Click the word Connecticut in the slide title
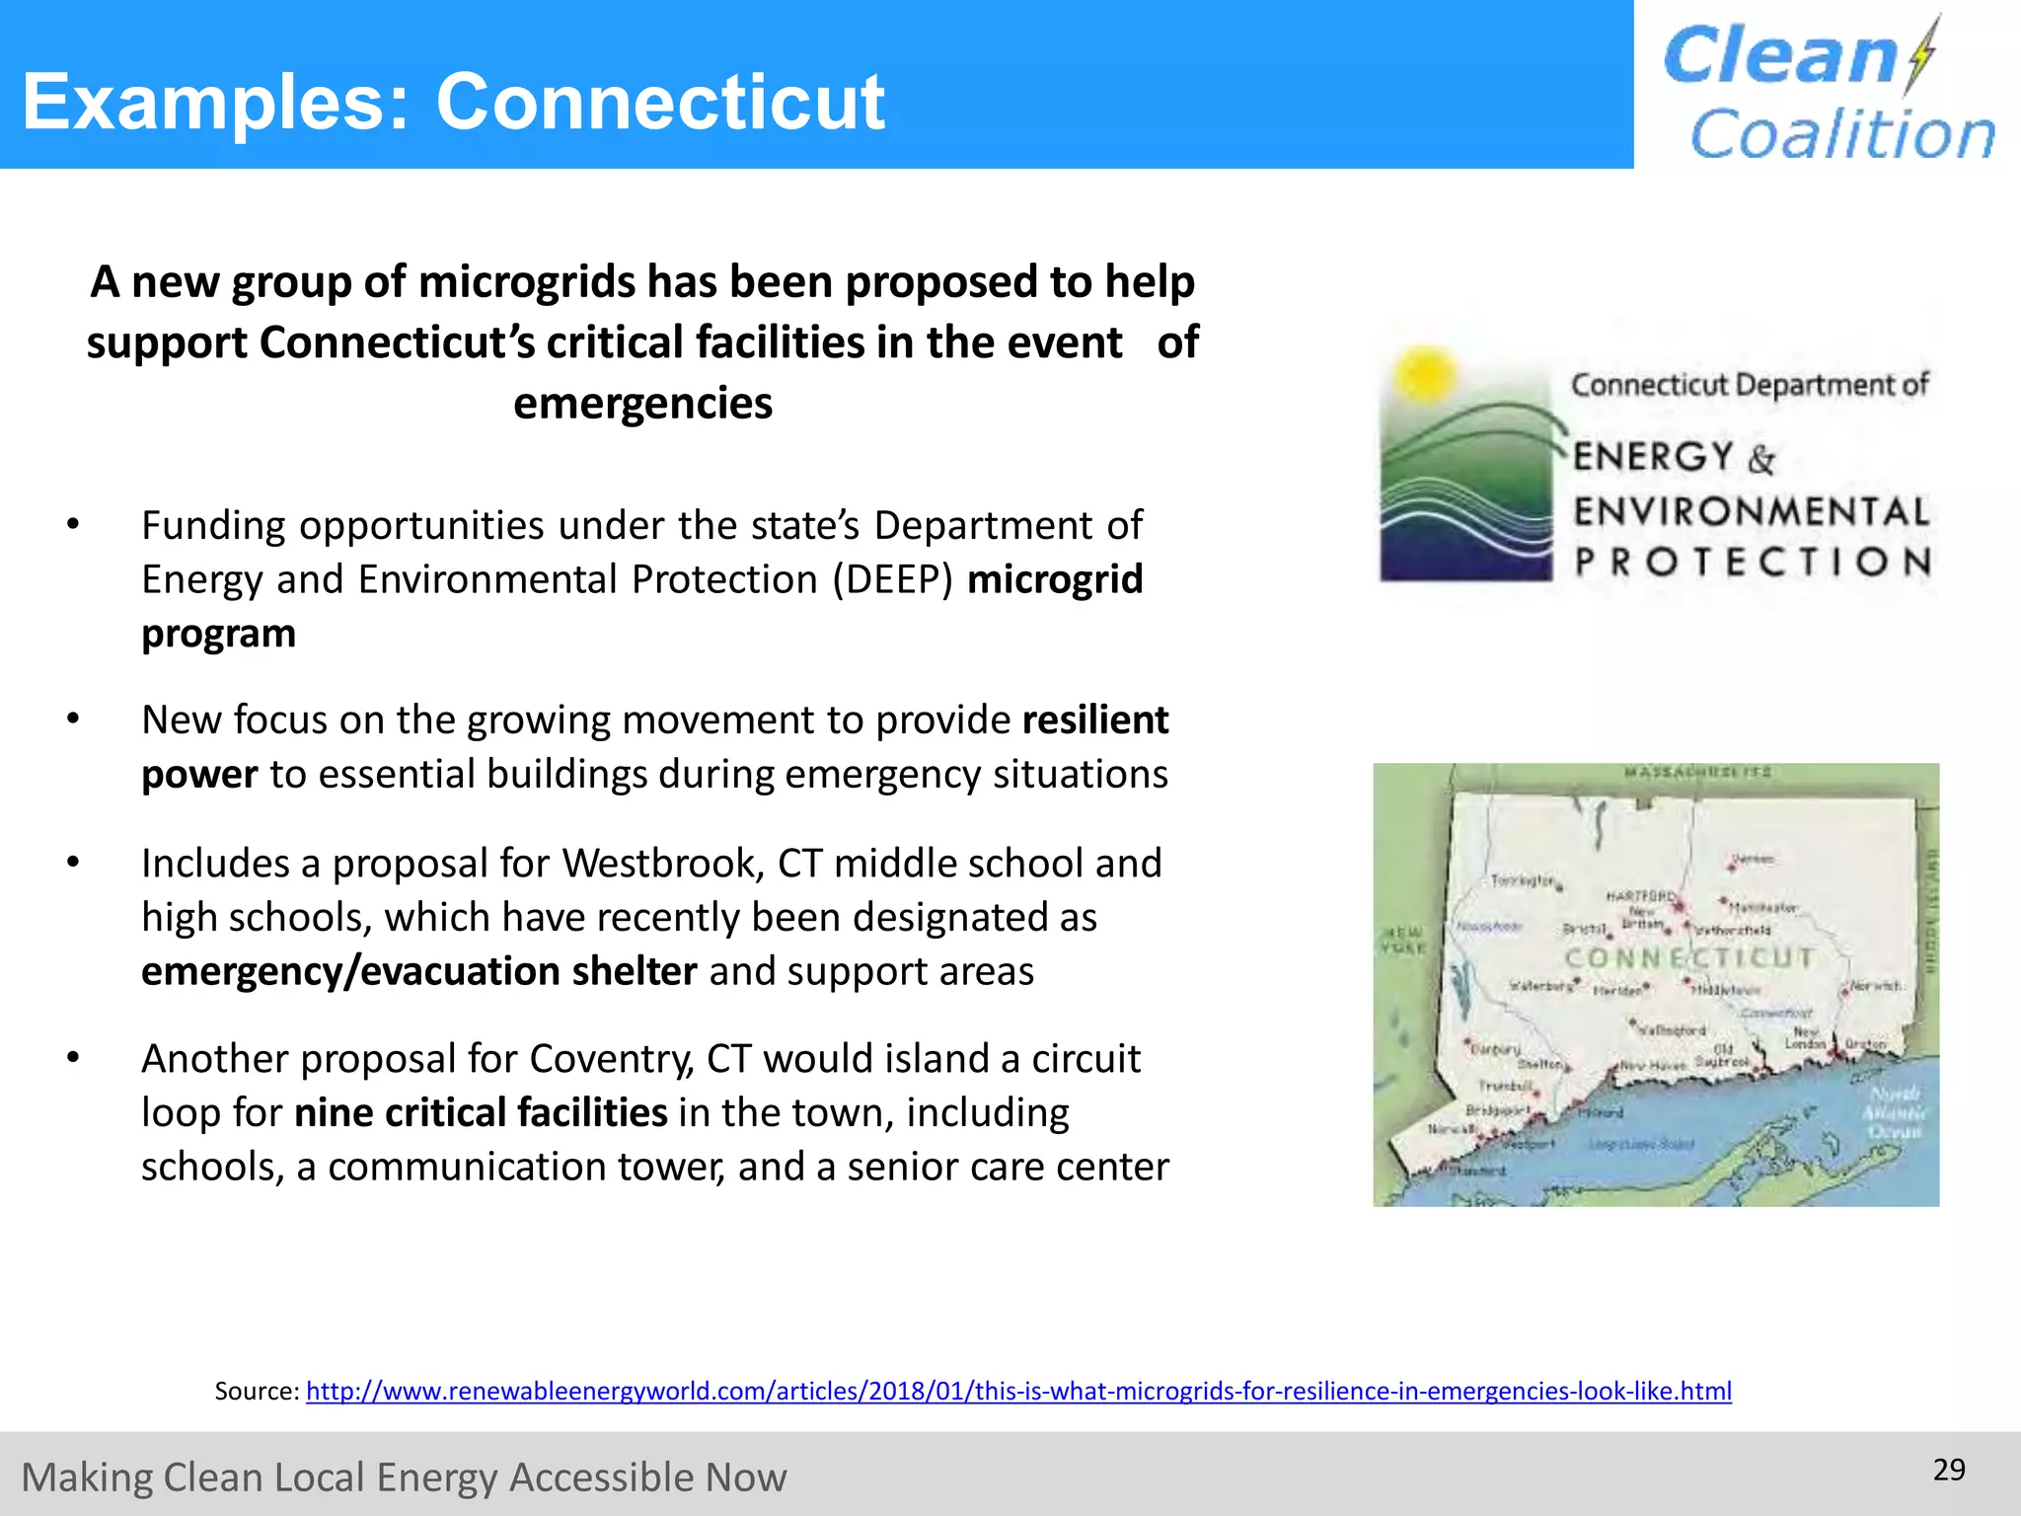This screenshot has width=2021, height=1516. point(660,102)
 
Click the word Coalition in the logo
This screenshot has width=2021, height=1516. point(1842,134)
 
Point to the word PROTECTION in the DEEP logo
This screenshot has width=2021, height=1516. point(1753,562)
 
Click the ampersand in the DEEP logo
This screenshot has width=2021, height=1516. point(1761,459)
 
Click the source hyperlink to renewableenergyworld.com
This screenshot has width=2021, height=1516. point(1018,1392)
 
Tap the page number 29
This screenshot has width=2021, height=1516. point(1949,1470)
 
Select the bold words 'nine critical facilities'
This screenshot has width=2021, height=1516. point(482,1113)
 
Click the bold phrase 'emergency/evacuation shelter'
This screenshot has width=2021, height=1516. point(419,972)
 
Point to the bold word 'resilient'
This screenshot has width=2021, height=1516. point(1095,720)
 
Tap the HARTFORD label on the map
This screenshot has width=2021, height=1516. point(1639,896)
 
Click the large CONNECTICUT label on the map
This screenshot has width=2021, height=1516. point(1689,957)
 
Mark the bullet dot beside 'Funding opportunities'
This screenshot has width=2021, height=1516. point(73,525)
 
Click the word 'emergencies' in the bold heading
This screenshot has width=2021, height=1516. point(642,404)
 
